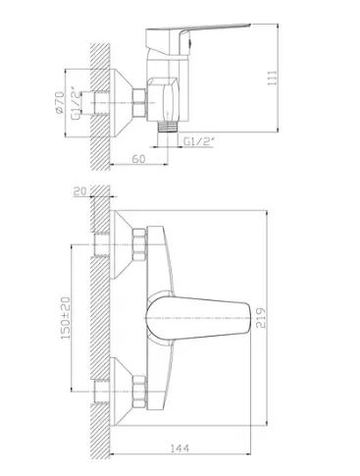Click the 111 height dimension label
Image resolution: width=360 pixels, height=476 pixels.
pyautogui.click(x=273, y=79)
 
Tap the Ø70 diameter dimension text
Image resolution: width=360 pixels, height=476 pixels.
pyautogui.click(x=60, y=103)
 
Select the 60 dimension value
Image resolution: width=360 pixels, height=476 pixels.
pyautogui.click(x=138, y=159)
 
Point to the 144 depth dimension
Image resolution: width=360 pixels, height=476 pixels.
pyautogui.click(x=180, y=448)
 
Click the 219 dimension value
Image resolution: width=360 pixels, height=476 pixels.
pyautogui.click(x=261, y=318)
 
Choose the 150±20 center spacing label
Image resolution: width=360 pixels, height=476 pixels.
pyautogui.click(x=66, y=318)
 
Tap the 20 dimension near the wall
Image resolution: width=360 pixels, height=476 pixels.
pyautogui.click(x=80, y=190)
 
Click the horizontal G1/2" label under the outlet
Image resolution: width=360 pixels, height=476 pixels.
pyautogui.click(x=199, y=141)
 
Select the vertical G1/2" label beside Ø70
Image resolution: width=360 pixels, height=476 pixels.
pyautogui.click(x=75, y=103)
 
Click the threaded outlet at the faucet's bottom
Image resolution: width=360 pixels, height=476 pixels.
pyautogui.click(x=168, y=127)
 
